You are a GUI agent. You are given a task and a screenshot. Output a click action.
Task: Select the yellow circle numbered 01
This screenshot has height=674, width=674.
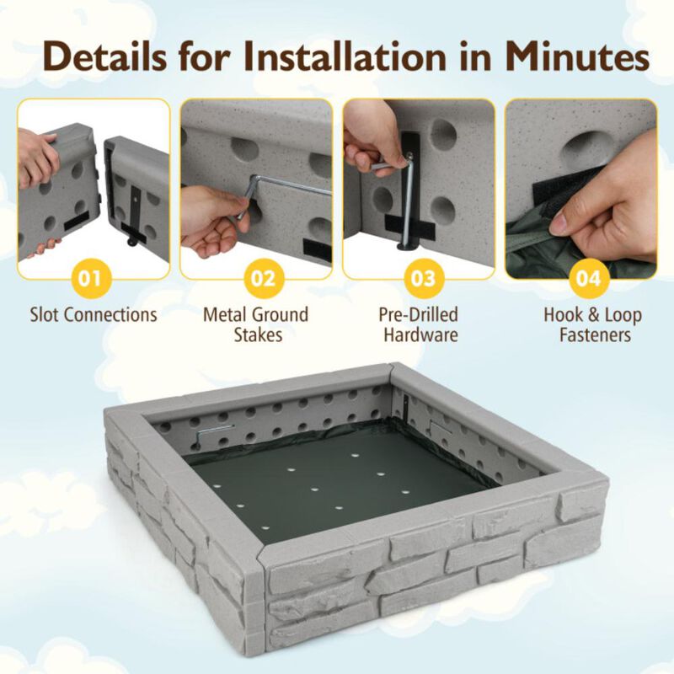94,277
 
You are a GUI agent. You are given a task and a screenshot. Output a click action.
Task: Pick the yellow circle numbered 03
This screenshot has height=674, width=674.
420,277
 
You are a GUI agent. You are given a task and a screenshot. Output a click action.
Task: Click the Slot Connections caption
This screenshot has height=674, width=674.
94,315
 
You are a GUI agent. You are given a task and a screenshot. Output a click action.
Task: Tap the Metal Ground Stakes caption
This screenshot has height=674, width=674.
255,324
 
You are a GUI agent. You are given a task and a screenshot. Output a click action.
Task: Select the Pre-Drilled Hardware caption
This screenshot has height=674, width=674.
420,324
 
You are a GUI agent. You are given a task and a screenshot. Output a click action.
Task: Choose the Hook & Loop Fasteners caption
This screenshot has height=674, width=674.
592,324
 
